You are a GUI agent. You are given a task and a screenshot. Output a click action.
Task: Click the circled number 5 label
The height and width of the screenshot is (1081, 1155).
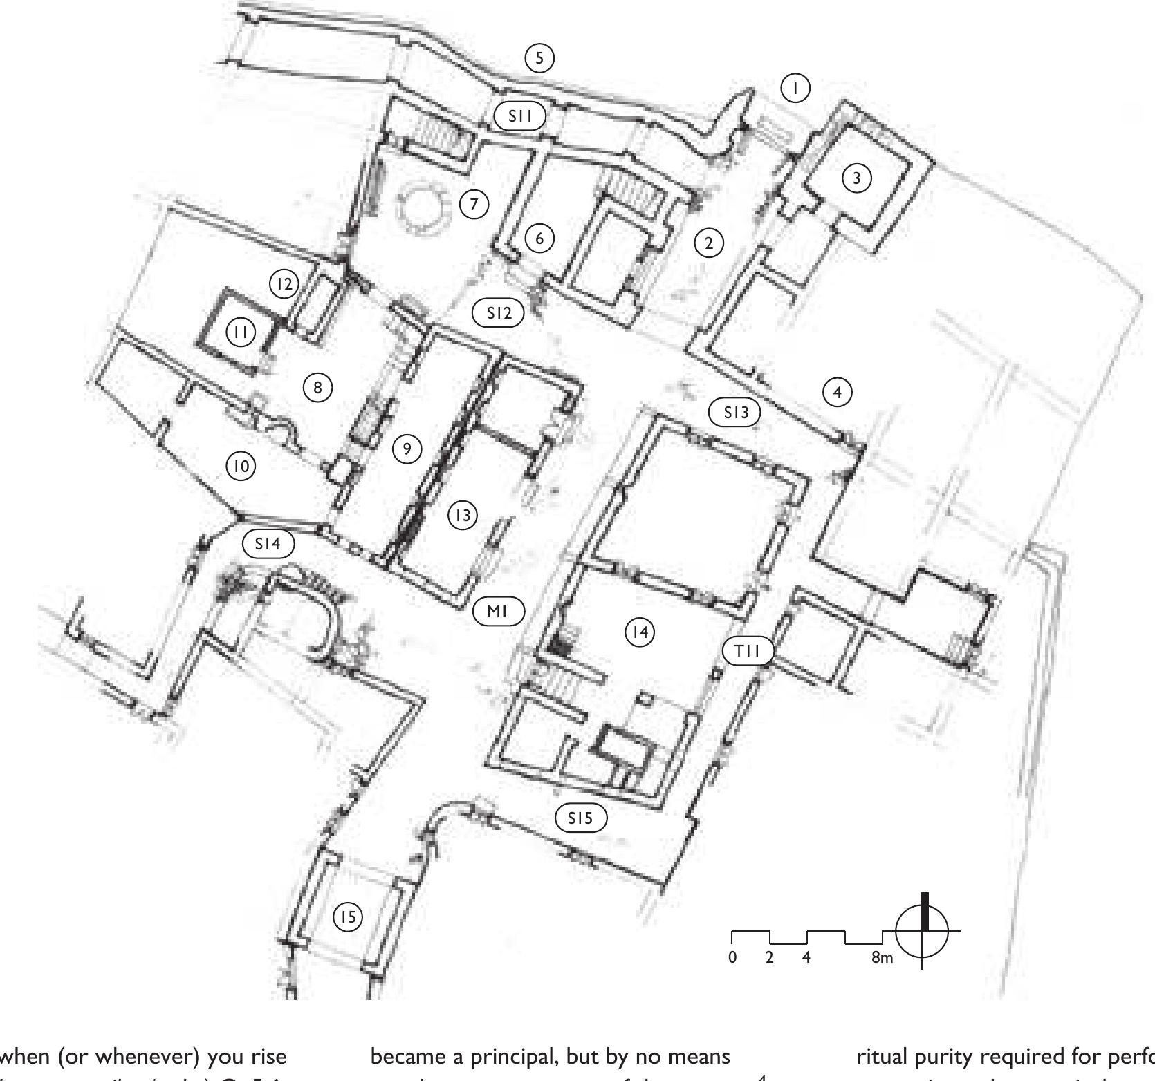click(x=539, y=58)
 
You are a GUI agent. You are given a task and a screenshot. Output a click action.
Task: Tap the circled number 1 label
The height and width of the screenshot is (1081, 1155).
click(x=795, y=88)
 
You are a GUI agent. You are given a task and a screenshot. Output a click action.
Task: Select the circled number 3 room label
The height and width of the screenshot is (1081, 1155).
click(x=857, y=178)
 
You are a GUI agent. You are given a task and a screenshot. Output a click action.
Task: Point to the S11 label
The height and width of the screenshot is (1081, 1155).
click(x=520, y=116)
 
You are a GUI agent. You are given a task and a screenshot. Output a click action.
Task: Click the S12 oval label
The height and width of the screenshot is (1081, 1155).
click(x=498, y=313)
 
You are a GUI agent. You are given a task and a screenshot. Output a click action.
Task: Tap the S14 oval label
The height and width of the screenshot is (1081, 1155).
click(x=268, y=544)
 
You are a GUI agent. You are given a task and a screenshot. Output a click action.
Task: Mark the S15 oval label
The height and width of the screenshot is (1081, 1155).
click(x=581, y=818)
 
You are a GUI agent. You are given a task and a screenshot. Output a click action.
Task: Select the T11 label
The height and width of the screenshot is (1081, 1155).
click(x=748, y=651)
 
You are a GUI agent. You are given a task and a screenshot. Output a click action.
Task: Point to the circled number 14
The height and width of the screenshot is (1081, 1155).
click(x=640, y=632)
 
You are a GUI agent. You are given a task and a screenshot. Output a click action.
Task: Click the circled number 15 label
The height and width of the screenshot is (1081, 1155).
click(x=348, y=917)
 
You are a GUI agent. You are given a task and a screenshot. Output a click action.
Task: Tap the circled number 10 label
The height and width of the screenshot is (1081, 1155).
click(x=240, y=467)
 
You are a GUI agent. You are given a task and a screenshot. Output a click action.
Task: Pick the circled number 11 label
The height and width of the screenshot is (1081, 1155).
click(x=241, y=332)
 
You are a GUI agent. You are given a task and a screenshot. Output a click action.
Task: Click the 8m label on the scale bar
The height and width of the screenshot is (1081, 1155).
click(x=881, y=958)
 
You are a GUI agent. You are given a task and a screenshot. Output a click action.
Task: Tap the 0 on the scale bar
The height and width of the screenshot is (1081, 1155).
click(x=732, y=958)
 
